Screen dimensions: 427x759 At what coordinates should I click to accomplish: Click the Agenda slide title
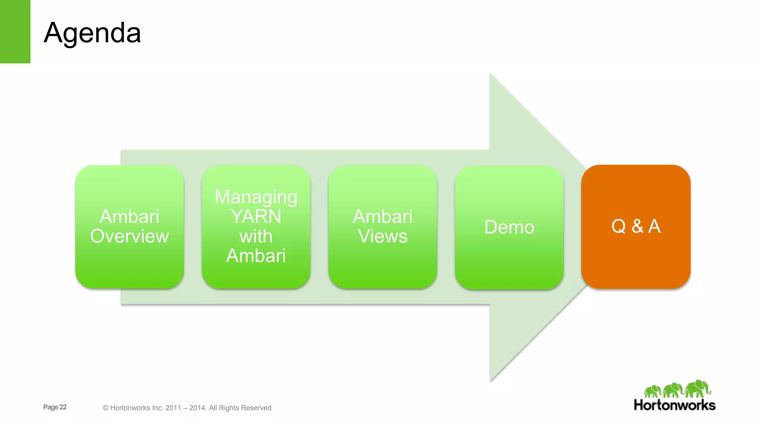pyautogui.click(x=92, y=33)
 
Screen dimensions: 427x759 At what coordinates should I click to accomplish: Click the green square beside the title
pyautogui.click(x=15, y=32)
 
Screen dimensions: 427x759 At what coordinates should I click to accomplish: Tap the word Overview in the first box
pyautogui.click(x=129, y=236)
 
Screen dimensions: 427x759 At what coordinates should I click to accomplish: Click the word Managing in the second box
pyautogui.click(x=256, y=197)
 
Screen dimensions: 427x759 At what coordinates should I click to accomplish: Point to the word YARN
pyautogui.click(x=256, y=216)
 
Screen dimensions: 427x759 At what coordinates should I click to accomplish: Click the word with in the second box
pyautogui.click(x=256, y=236)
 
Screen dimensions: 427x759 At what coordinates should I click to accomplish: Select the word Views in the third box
pyautogui.click(x=382, y=236)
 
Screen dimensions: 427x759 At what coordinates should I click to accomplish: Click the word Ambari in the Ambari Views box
pyautogui.click(x=382, y=216)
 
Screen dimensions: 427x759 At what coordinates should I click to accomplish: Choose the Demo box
pyautogui.click(x=509, y=227)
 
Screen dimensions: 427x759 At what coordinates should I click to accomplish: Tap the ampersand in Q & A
pyautogui.click(x=637, y=226)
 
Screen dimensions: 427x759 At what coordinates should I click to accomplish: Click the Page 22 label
pyautogui.click(x=55, y=407)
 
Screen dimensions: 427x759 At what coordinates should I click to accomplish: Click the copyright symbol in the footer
pyautogui.click(x=106, y=408)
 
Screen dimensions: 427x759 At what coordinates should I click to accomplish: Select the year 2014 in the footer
pyautogui.click(x=197, y=408)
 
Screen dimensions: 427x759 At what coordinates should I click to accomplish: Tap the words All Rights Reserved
pyautogui.click(x=240, y=408)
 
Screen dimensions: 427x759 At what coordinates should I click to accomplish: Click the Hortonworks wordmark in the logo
pyautogui.click(x=675, y=405)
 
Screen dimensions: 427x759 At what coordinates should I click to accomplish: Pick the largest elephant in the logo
pyautogui.click(x=697, y=388)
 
